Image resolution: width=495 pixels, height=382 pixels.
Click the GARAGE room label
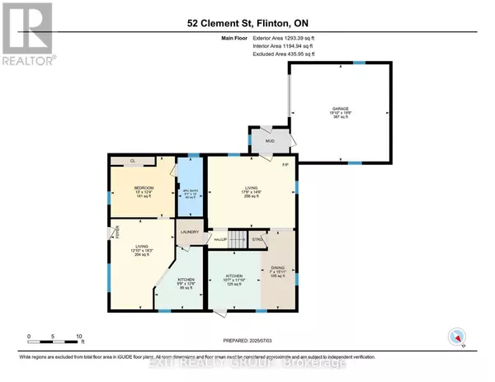[340, 108]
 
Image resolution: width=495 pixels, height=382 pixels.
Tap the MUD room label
[269, 141]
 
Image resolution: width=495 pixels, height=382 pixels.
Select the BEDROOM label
[144, 188]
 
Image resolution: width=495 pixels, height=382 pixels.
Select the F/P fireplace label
[285, 166]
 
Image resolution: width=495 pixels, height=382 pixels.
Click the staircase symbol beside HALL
[238, 239]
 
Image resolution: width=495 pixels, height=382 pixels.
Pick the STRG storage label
[257, 239]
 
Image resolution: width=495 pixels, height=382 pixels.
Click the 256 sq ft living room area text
[247, 198]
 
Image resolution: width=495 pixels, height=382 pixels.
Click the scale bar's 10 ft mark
[79, 337]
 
